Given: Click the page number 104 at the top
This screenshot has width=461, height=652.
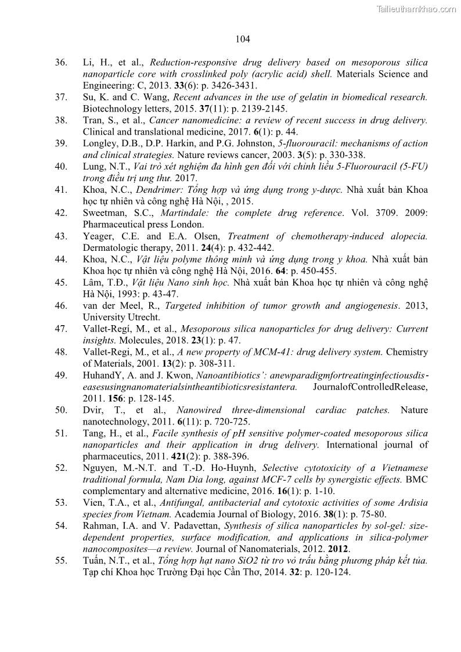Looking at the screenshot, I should pos(243,39).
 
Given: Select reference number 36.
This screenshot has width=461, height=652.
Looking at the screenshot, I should pos(61,63).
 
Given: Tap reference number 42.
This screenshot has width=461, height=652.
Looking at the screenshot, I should pos(61,213).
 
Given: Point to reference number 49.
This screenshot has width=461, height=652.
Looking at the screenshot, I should pos(61,376).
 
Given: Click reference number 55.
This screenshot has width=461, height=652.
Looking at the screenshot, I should pos(61,561).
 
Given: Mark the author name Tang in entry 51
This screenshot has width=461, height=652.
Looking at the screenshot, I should pos(94,434).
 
